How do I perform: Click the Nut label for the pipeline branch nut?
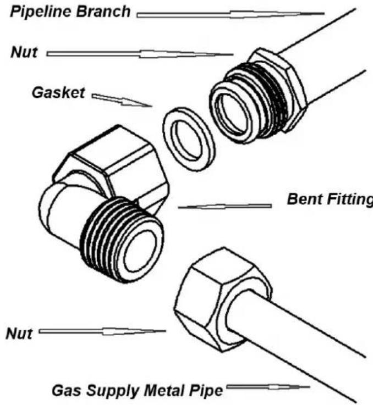pos(23,53)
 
